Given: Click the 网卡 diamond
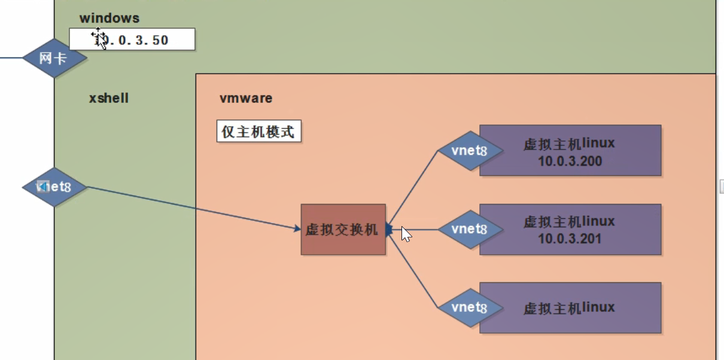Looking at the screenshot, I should coord(54,58).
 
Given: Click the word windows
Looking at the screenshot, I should coord(109,19).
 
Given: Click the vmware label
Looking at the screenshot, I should coord(246,98).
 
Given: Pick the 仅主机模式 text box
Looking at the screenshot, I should coord(258,132).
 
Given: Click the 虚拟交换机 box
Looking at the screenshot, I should coord(343,229).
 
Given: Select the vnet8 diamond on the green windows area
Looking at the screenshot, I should coord(54,187).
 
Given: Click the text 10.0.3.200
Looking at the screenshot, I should coord(570,161).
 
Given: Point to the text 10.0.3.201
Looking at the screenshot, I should coord(570,239).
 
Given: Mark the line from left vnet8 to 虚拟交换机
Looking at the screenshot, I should coord(191,208).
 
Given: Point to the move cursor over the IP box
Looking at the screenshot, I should coord(99,37).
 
